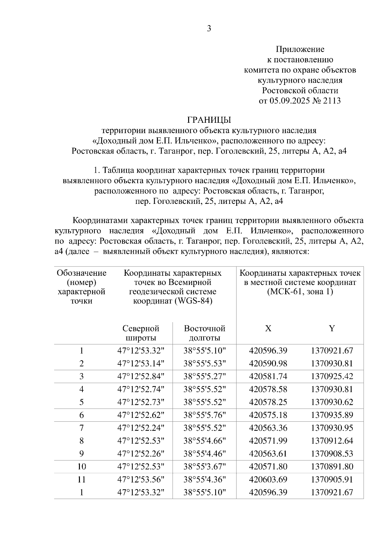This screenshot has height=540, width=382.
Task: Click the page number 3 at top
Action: (209, 29)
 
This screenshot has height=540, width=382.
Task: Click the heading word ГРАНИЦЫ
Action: (209, 120)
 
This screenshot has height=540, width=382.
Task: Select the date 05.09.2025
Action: (289, 101)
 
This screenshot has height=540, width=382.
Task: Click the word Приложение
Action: (300, 49)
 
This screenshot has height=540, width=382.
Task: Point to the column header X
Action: (268, 329)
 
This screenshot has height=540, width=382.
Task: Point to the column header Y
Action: (332, 329)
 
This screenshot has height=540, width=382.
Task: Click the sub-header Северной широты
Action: (141, 333)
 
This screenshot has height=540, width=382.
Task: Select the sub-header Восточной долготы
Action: (204, 333)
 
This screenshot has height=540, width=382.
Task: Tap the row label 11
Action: (81, 479)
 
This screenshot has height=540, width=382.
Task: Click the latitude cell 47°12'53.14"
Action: (141, 363)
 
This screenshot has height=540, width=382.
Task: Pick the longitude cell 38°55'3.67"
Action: (204, 467)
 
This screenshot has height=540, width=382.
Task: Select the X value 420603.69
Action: (268, 479)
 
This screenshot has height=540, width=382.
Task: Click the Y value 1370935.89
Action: (332, 415)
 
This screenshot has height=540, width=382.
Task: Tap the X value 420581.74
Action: (268, 377)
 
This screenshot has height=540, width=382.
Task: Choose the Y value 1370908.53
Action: (332, 453)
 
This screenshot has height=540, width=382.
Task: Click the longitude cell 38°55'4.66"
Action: (204, 441)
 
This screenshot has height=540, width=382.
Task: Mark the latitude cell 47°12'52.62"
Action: (141, 415)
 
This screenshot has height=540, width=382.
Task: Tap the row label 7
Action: (81, 428)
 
